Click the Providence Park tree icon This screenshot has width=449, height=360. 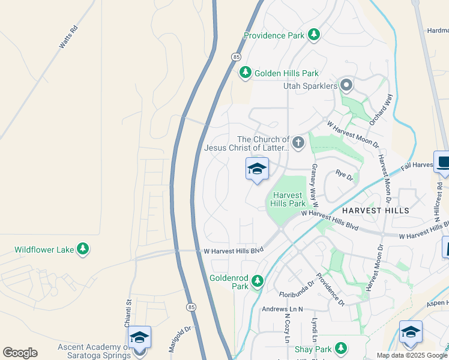coord(313,35)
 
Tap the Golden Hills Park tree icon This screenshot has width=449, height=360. coord(245,73)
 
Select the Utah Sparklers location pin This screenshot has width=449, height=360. coord(346,86)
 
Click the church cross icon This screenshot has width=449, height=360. coord(298,143)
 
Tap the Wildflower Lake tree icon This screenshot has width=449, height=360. coord(83,249)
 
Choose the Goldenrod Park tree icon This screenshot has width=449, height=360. coord(258,281)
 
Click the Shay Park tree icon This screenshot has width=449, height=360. coord(341,349)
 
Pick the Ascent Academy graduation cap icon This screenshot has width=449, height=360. coord(139,337)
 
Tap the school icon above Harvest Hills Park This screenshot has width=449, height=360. coord(257,169)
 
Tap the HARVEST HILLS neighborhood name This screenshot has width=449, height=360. coord(375,211)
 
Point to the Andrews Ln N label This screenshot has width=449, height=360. coord(283,309)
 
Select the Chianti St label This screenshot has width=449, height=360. coord(128,314)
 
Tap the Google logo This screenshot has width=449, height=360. coord(20,353)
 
